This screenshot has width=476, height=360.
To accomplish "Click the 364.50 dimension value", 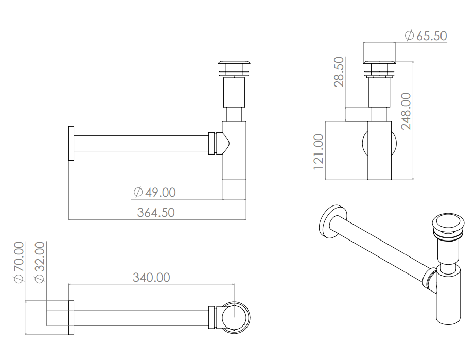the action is [x=156, y=212].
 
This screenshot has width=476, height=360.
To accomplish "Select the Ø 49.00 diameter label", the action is [x=154, y=192].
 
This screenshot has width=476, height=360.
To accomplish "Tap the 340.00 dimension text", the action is [x=151, y=278].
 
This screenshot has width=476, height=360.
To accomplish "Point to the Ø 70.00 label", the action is [x=19, y=262].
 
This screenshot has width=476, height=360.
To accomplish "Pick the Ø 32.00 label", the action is [x=40, y=262].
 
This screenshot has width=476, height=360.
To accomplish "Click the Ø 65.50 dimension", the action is [x=426, y=36].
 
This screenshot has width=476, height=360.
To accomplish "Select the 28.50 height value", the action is [x=339, y=72].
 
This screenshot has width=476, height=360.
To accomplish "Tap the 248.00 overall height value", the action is [x=406, y=111].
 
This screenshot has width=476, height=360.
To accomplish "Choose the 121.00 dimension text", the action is [x=319, y=152].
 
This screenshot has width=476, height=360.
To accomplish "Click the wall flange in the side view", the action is [x=72, y=143].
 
